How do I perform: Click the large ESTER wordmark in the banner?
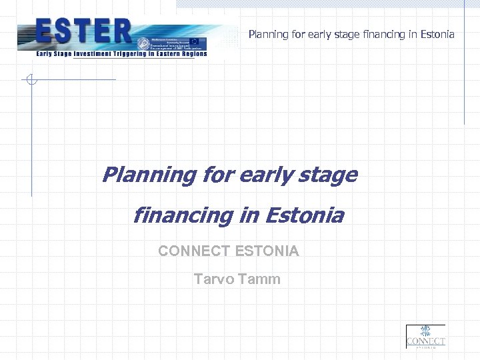click(x=84, y=31)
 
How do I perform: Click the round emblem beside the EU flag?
click(x=143, y=44)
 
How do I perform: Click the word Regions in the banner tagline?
click(x=190, y=54)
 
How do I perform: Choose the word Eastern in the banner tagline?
click(x=162, y=54)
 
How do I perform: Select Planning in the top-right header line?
click(x=269, y=34)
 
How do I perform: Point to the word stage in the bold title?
click(x=330, y=175)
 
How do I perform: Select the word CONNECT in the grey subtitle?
click(x=194, y=251)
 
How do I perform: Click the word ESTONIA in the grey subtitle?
click(x=267, y=251)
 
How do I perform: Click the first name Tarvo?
click(x=214, y=279)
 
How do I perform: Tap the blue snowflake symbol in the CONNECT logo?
click(x=425, y=332)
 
